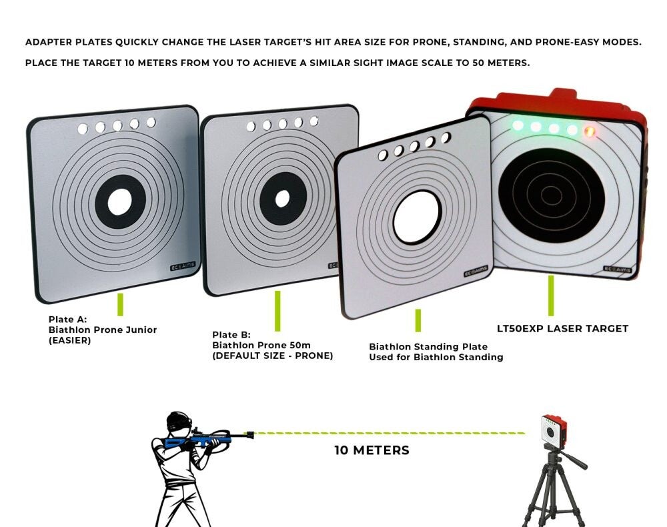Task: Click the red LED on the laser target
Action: point(590,131)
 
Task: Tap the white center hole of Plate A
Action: point(119,202)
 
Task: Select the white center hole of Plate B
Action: point(282,199)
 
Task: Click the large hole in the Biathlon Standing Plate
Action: point(417,217)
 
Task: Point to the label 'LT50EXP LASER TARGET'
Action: point(562,329)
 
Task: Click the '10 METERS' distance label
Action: point(372,450)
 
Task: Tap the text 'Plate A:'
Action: point(67,320)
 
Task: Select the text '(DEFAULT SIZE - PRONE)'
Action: point(273,356)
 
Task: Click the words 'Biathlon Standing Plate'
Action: point(428,347)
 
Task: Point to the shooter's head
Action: point(178,423)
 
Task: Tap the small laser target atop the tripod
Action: point(554,430)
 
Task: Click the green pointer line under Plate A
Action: point(120,305)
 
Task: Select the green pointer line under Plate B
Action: point(277,311)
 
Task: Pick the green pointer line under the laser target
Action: point(551,296)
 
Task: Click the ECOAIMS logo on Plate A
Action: point(183,267)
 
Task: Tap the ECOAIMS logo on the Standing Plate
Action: point(476,271)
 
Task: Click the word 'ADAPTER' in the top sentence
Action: point(47,42)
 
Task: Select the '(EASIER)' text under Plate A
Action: point(70,341)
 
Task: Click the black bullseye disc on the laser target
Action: point(552,195)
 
